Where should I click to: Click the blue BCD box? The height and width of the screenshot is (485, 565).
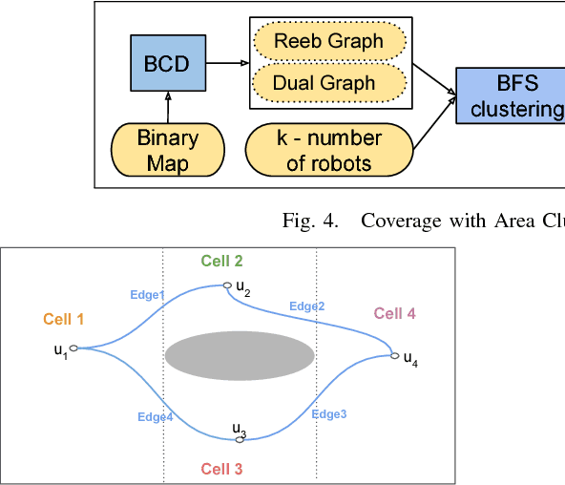point(167,64)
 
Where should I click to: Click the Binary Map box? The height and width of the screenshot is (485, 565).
point(167,150)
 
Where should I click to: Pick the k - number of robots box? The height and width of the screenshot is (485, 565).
point(329,150)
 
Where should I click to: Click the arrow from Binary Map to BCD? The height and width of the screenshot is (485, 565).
point(167,108)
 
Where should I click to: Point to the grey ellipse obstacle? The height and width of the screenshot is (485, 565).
point(240,356)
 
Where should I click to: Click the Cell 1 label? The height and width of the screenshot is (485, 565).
point(63,320)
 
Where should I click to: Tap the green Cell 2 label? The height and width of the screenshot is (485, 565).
point(221,261)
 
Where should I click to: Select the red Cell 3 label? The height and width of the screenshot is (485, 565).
point(221,469)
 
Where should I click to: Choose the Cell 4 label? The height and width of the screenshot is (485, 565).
point(394,313)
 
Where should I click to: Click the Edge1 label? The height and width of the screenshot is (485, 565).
point(148,295)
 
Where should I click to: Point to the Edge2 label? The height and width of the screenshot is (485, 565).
point(307,306)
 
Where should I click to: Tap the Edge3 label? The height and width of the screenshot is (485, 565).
point(328,413)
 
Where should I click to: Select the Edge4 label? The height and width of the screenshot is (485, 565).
point(155,416)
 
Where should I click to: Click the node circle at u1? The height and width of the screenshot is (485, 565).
point(73,348)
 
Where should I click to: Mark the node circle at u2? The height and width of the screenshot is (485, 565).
point(226,285)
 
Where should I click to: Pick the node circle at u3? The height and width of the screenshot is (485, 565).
point(240,440)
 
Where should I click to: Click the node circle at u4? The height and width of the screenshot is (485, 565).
point(393,356)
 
